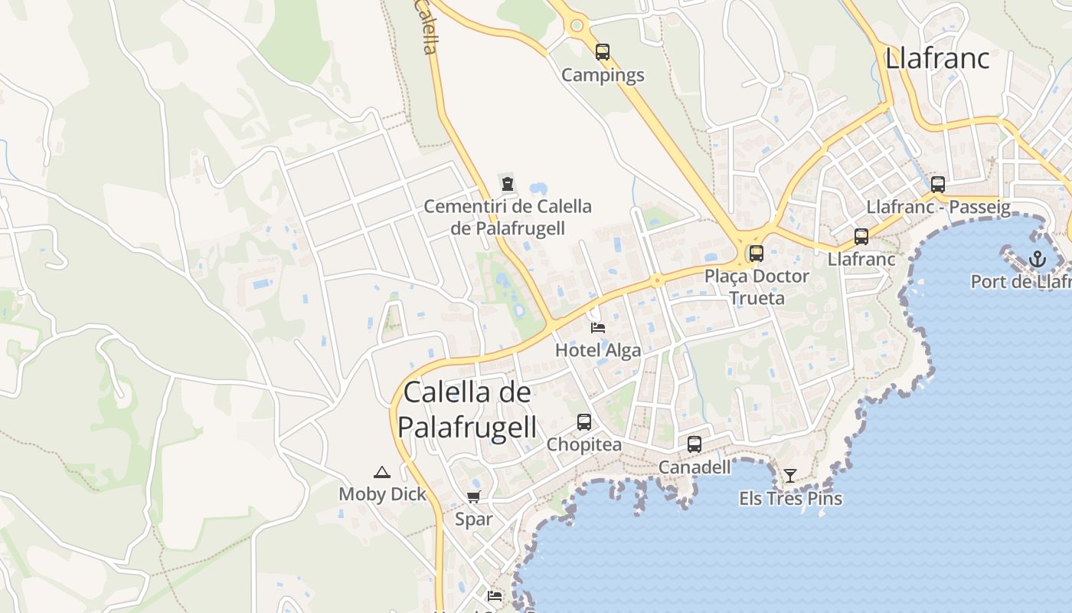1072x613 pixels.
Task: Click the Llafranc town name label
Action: pos(937,58)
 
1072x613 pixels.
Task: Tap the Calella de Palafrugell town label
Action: pos(467,409)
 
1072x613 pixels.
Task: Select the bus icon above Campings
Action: pos(603,52)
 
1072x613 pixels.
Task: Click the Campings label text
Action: pos(603,75)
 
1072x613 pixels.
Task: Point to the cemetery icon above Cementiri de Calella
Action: pos(507,184)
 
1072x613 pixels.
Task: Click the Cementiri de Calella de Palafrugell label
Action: pos(508,217)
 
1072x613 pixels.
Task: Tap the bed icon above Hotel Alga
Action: pos(598,328)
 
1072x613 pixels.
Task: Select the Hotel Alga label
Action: pos(598,351)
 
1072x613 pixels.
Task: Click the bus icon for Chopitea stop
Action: pos(584,422)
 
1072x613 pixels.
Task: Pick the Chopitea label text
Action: pos(584,445)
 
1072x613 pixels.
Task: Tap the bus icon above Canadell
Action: pos(695,444)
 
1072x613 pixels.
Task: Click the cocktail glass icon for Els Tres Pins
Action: pos(789,476)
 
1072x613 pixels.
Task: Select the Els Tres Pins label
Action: pos(790,499)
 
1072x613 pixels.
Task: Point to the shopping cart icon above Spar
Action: pos(474,497)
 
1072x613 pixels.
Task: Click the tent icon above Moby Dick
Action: pos(382,472)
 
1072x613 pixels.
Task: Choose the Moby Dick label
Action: pos(382,494)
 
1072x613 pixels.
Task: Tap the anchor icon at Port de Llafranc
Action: pos(1037,259)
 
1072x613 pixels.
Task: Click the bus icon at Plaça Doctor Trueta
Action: pos(757,254)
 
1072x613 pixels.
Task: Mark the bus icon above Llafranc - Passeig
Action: pos(938,185)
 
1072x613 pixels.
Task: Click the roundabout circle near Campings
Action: pos(577,25)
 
